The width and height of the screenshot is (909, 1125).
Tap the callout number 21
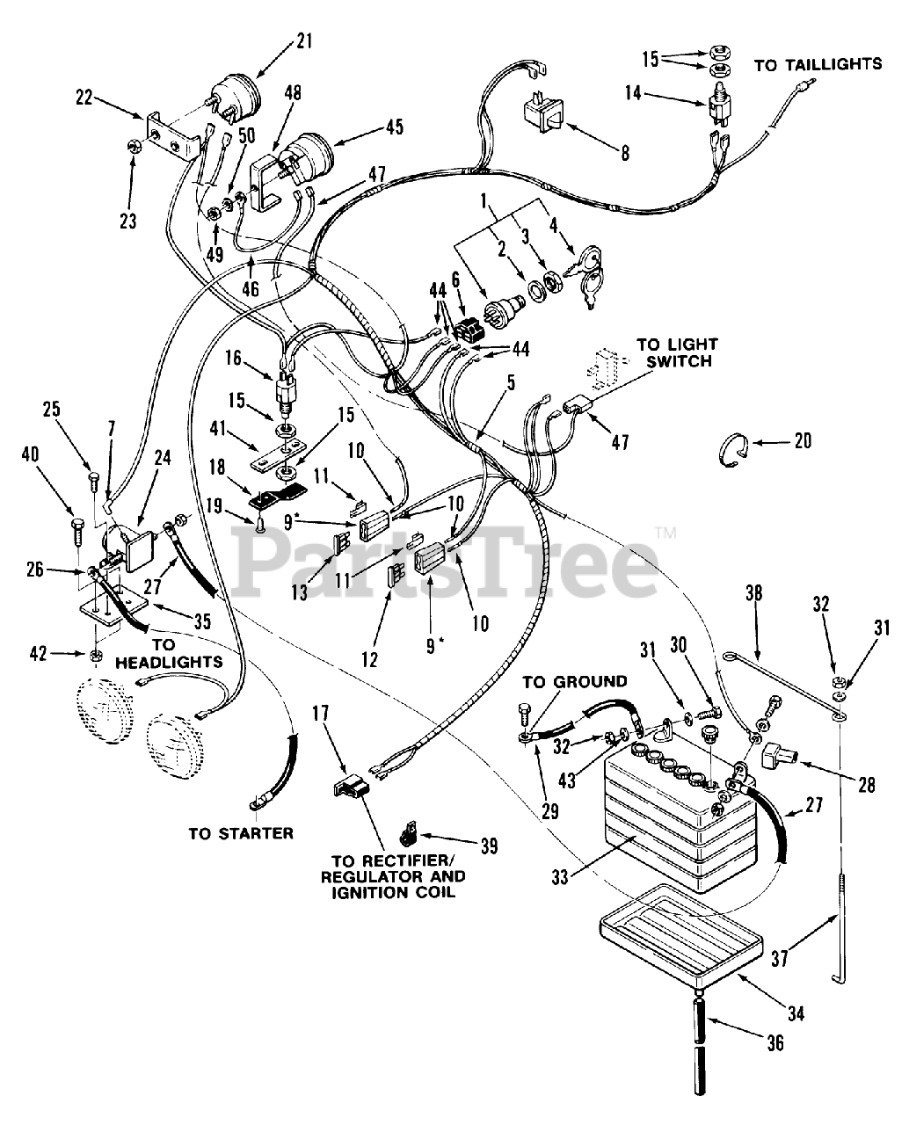click(x=279, y=40)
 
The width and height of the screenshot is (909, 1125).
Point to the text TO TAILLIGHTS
click(x=818, y=64)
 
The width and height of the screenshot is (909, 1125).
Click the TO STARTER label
click(x=241, y=832)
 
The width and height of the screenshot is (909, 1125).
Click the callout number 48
click(x=294, y=93)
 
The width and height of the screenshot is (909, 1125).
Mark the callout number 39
click(x=488, y=846)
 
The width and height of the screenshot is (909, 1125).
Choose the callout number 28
click(x=867, y=785)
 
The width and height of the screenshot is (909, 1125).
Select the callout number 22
click(x=84, y=98)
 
